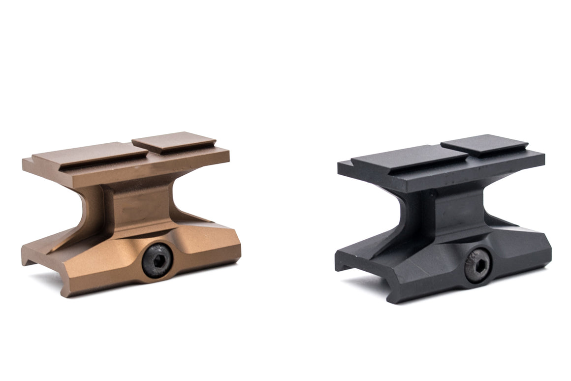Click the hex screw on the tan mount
click(157, 261)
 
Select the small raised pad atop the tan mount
click(174, 142)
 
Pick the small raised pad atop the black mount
click(484, 145)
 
